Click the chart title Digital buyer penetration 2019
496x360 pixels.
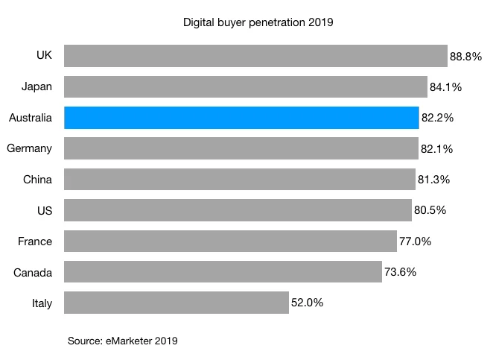pos(258,22)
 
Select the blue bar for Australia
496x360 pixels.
pos(241,118)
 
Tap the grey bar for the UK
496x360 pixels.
pos(255,56)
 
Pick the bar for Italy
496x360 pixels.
pos(177,303)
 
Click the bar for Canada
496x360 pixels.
pos(223,272)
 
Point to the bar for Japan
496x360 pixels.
pos(246,87)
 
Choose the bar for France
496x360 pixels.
pos(230,241)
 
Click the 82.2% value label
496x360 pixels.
pos(437,118)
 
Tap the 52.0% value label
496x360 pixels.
pos(308,303)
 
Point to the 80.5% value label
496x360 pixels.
pos(430,210)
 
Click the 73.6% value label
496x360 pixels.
pos(401,272)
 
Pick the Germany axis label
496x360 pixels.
pos(29,148)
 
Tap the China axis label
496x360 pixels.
pos(37,180)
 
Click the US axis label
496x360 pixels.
pos(44,210)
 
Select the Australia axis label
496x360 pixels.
pos(31,118)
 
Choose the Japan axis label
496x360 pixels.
pos(36,87)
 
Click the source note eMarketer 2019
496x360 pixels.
pos(123,341)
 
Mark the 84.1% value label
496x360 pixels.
pos(446,87)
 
